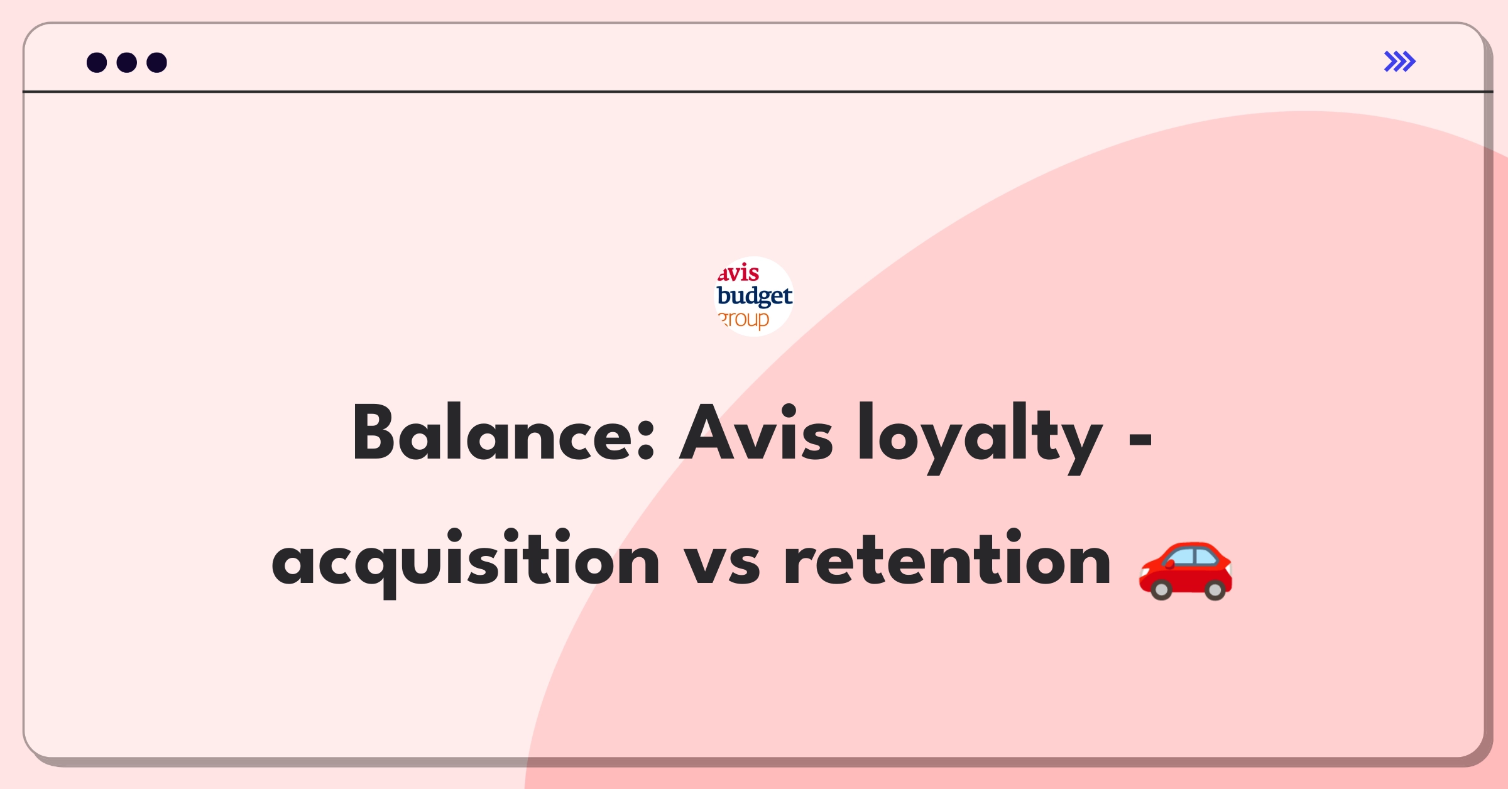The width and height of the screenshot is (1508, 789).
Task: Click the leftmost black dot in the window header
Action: pos(97,62)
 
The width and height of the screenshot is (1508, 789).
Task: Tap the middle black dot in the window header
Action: pos(127,62)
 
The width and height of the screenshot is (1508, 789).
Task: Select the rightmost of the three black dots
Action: pos(157,62)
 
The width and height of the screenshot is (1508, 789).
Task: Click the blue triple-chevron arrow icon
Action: pos(1400,62)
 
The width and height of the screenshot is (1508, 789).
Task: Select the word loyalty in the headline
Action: pos(981,438)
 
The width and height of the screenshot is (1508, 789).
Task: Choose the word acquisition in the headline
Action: pos(466,562)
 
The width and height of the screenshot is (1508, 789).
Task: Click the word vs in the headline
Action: pos(722,563)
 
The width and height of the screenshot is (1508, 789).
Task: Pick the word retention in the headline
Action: pos(948,558)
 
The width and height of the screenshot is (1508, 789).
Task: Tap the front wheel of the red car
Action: pos(1161,590)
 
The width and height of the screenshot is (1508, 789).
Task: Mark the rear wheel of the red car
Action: pos(1215,590)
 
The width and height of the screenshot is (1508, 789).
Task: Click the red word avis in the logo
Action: pos(738,273)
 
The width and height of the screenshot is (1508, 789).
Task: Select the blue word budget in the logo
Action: pos(755,296)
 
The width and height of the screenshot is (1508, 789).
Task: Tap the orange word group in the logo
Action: pos(744,320)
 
